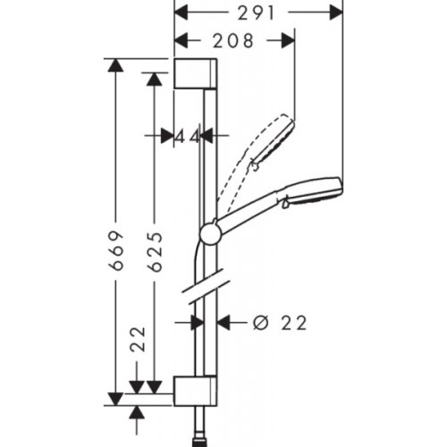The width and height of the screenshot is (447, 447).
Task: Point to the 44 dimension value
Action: click(187, 136)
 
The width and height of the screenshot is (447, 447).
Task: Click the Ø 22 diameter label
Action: click(279, 323)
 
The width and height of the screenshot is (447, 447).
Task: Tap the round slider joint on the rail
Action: click(210, 233)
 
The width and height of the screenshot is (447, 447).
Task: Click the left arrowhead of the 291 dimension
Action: click(180, 13)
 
